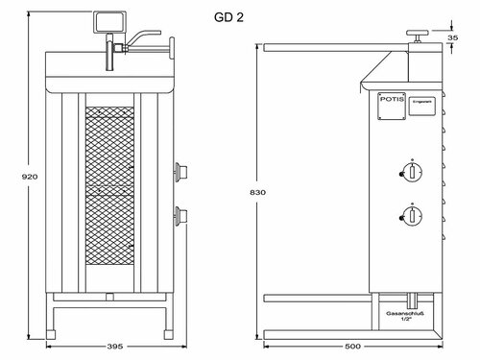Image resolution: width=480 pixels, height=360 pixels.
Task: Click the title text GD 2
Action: click(x=228, y=18)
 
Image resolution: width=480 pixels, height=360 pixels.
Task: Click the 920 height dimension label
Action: click(x=16, y=177)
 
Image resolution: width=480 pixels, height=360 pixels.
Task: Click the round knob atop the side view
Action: click(x=420, y=35)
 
